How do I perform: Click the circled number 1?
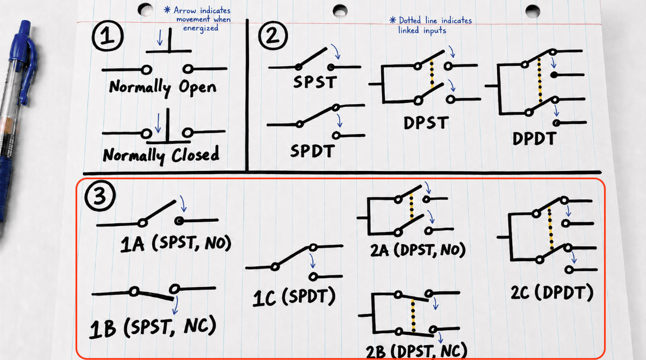coord(107,36)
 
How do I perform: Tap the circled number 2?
coord(272,35)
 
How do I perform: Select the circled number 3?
coord(100,196)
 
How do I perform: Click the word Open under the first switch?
coord(197,87)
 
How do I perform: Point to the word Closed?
coord(195,154)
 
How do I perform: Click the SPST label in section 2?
coord(315,82)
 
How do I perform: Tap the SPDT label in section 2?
coord(313,151)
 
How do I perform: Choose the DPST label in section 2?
coord(426,123)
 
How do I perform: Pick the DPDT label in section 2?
coord(534,139)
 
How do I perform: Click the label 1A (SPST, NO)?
coord(176,244)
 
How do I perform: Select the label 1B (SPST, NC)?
coord(153,327)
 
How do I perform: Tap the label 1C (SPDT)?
coord(294,297)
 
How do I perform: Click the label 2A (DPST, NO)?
coord(418,250)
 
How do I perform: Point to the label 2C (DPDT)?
coord(552,292)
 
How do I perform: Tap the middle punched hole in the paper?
coord(340,11)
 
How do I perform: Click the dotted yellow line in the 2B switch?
coord(413,316)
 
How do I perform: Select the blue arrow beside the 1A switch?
coord(183,204)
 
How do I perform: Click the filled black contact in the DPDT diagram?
coord(554,75)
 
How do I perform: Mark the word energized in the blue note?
coord(201,28)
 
